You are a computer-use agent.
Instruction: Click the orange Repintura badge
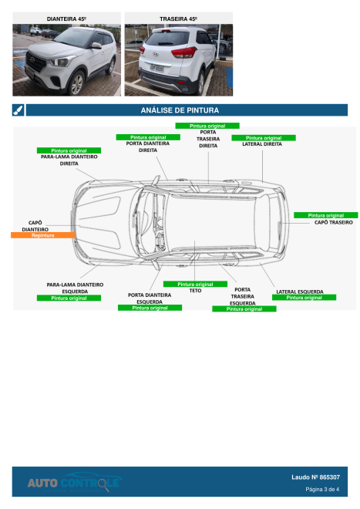point(42,234)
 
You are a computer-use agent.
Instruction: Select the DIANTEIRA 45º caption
point(67,17)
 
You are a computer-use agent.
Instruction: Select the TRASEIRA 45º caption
point(179,17)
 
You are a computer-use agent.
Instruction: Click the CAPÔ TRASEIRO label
point(333,222)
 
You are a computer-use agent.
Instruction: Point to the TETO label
point(195,291)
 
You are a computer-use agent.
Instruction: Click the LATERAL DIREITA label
point(262,144)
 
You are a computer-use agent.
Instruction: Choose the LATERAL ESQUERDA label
point(299,292)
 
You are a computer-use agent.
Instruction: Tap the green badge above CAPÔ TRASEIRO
point(325,215)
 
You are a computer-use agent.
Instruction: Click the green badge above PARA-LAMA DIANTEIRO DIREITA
point(69,150)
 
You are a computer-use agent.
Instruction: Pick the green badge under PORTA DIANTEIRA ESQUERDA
point(150,308)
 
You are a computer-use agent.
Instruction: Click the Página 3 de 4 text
point(322,489)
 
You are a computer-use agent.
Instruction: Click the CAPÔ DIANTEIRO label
point(35,225)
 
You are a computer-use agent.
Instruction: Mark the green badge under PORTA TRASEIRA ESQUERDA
point(244,308)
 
